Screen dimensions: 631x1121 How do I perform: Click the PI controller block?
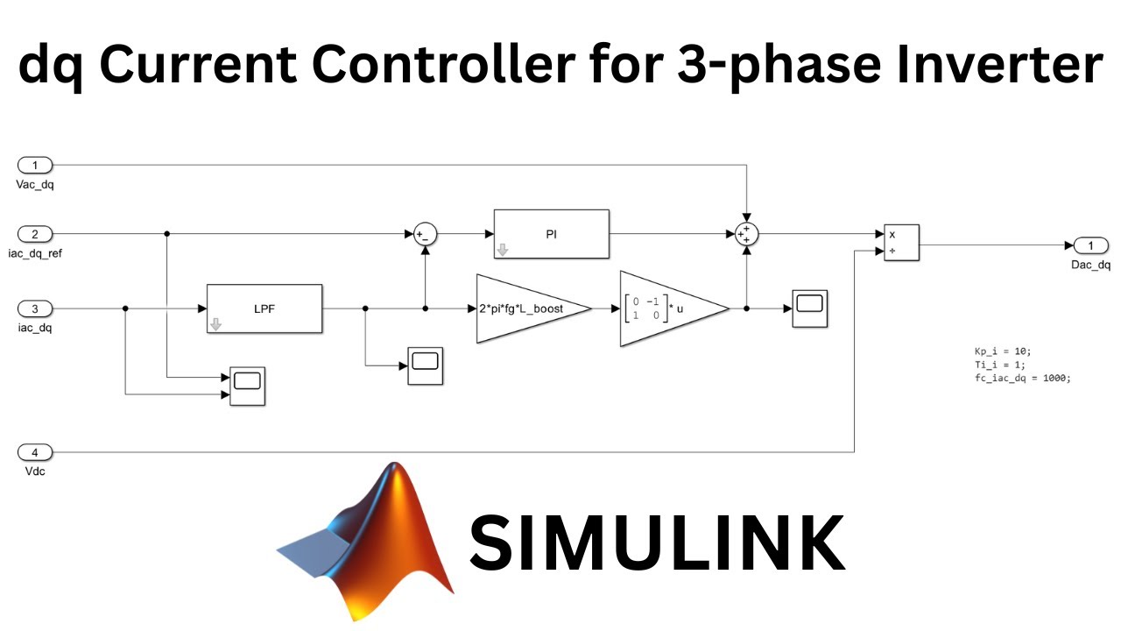tap(551, 234)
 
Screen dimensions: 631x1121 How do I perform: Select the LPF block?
tap(264, 308)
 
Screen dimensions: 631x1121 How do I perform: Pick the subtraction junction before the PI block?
tap(425, 234)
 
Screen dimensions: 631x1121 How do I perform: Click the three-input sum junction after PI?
tap(745, 234)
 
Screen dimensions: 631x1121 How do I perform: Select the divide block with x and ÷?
tap(901, 243)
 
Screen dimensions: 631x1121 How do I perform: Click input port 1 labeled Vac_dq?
tap(35, 165)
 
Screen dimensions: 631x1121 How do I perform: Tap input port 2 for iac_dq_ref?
tap(35, 234)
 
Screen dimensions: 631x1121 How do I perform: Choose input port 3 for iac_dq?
tap(35, 308)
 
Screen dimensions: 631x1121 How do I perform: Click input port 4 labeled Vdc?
tap(35, 452)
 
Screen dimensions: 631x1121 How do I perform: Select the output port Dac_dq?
tap(1090, 245)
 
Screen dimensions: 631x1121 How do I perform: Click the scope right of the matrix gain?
tap(810, 308)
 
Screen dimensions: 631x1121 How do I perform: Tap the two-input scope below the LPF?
tap(247, 386)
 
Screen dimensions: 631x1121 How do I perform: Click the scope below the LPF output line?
tap(425, 365)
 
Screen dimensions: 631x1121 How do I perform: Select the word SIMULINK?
tap(657, 542)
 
